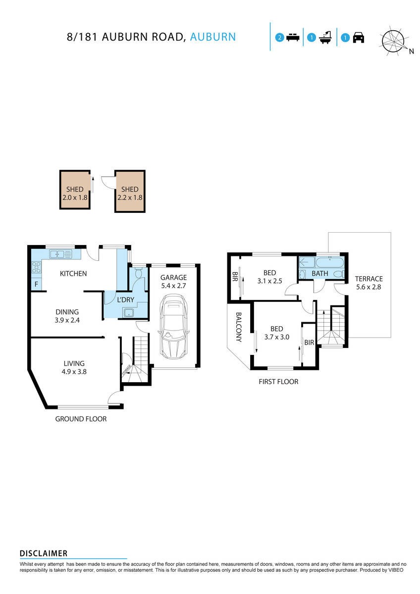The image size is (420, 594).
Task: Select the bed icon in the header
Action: click(x=293, y=38)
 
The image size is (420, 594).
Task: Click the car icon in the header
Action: click(x=359, y=38)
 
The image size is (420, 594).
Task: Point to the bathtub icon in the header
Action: click(x=325, y=38)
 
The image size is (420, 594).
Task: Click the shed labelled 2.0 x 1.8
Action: click(x=75, y=191)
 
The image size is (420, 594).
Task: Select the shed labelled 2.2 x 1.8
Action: click(x=130, y=191)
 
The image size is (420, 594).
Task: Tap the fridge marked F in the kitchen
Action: click(x=36, y=284)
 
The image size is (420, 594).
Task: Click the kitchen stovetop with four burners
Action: click(x=36, y=268)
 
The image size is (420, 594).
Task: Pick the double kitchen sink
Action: click(x=61, y=254)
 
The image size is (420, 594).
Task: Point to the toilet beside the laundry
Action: click(x=139, y=273)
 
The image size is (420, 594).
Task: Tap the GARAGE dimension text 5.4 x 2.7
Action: click(x=173, y=286)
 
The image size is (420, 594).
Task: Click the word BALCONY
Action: click(x=238, y=327)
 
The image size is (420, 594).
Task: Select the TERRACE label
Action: click(x=368, y=279)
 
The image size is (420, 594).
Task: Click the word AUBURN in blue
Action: click(x=213, y=37)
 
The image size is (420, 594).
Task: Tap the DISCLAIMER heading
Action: click(x=44, y=553)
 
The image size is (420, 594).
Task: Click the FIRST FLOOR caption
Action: click(x=278, y=382)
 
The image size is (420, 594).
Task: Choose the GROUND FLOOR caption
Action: click(x=81, y=419)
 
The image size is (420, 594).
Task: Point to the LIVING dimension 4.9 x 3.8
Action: click(x=70, y=372)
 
